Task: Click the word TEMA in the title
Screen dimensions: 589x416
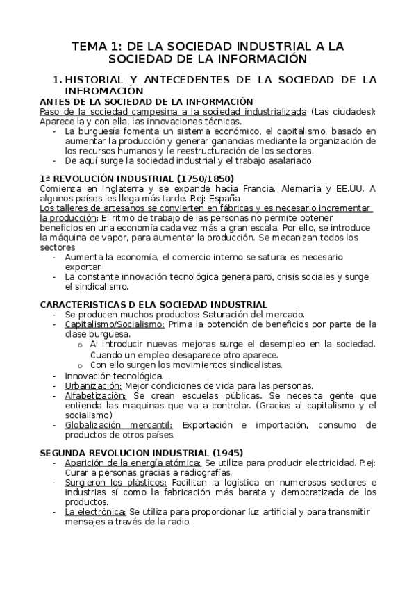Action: click(x=91, y=46)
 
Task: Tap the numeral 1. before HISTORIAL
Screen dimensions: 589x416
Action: click(x=58, y=80)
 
